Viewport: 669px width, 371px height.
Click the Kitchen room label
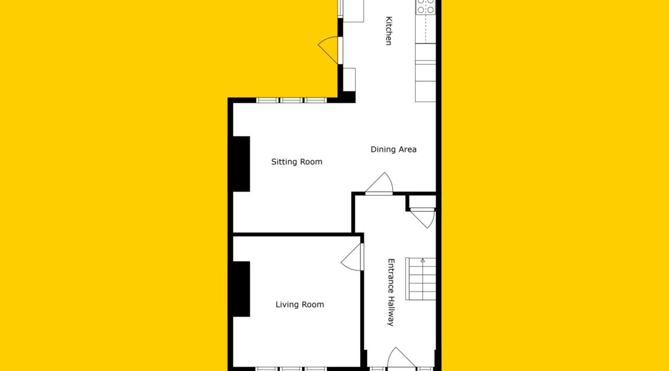[389, 31]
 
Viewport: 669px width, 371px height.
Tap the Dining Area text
[393, 150]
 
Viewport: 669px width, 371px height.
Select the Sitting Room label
[297, 162]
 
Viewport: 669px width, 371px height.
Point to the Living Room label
[300, 305]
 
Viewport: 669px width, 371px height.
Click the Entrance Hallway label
[391, 292]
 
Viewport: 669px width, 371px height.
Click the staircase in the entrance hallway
[421, 279]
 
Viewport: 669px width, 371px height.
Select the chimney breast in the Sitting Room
[241, 164]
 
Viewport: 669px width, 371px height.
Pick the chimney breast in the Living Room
[241, 289]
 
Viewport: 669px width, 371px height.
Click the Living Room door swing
[352, 257]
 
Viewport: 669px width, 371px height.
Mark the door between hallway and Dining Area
[379, 184]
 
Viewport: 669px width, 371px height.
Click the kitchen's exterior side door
[330, 50]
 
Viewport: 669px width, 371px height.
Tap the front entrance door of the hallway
[401, 358]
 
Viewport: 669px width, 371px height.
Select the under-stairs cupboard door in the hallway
[423, 218]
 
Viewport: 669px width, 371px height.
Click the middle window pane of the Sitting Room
[292, 100]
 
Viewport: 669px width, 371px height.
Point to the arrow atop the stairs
[423, 260]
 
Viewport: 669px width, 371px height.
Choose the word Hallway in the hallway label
[391, 312]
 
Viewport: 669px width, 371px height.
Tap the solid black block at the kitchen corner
[349, 96]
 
